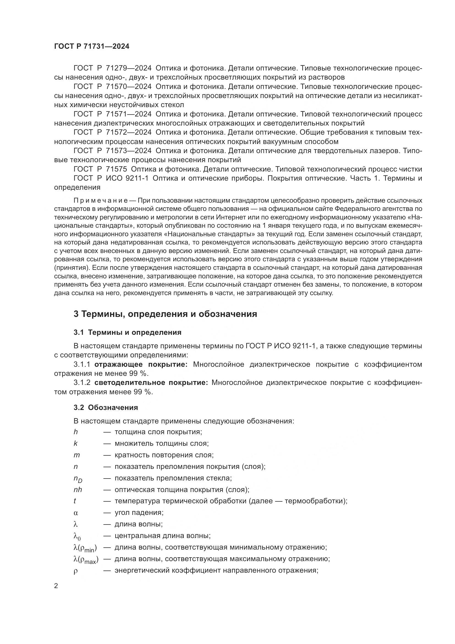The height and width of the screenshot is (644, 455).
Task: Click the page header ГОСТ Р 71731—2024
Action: (92, 47)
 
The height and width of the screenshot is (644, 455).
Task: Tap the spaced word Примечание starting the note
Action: (101, 200)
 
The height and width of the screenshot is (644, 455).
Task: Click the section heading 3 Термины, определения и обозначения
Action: (165, 314)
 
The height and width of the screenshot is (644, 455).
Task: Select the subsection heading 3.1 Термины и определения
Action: (127, 332)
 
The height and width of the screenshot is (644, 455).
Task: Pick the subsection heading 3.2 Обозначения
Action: (106, 407)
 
